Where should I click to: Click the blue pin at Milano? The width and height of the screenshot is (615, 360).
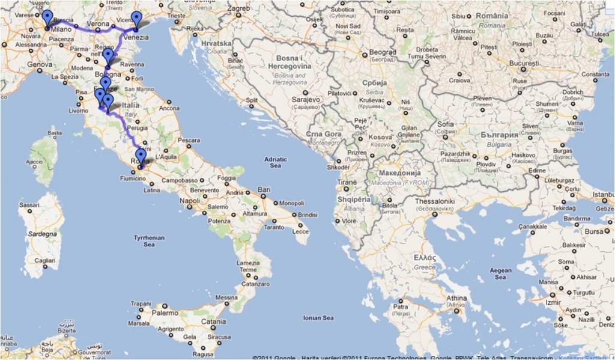click(x=47, y=19)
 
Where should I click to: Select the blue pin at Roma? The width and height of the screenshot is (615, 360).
click(x=141, y=157)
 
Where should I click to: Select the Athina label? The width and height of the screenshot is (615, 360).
click(x=456, y=298)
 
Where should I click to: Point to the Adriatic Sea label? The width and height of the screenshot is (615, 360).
click(x=275, y=162)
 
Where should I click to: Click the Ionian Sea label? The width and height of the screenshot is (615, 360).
click(x=319, y=318)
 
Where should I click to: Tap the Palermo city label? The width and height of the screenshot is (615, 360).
click(x=165, y=313)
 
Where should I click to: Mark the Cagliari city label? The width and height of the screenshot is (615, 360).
click(x=45, y=260)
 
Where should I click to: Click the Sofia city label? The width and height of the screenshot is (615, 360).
click(x=446, y=124)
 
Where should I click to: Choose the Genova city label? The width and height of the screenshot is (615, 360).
click(x=40, y=64)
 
